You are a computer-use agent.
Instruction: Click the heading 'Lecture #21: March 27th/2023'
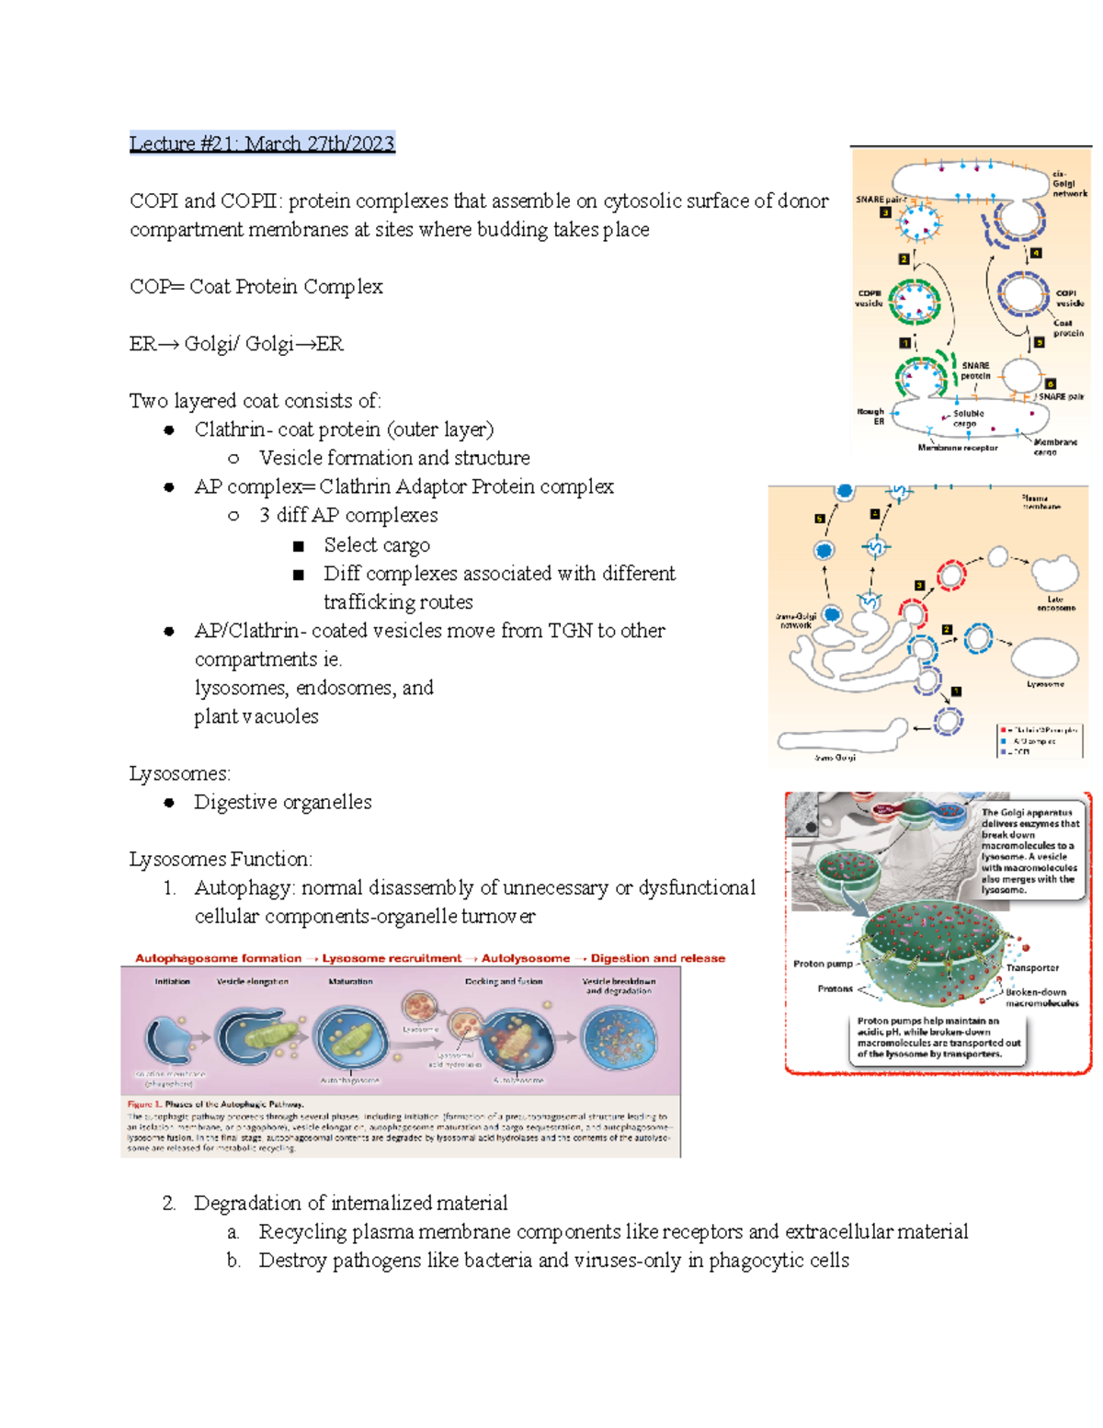pos(262,143)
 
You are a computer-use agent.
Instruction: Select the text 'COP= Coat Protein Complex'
pos(256,287)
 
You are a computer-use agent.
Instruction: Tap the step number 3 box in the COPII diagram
pos(885,213)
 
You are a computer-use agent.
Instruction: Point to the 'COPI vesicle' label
pos(1069,298)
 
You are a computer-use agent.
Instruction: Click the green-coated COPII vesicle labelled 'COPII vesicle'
pos(915,303)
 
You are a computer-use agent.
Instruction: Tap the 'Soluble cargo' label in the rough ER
pos(968,418)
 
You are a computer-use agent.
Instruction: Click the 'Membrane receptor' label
pos(957,448)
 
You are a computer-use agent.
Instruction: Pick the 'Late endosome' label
pos(1055,603)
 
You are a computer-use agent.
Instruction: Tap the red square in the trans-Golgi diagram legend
pos(1003,730)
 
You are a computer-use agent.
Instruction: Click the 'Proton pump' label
pos(823,964)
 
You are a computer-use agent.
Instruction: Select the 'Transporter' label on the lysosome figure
pos(1032,967)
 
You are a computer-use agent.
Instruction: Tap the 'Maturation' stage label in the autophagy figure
pos(350,982)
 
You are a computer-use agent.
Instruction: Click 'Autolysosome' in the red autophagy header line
pos(525,958)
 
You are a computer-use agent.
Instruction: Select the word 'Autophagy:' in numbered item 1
pos(244,888)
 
